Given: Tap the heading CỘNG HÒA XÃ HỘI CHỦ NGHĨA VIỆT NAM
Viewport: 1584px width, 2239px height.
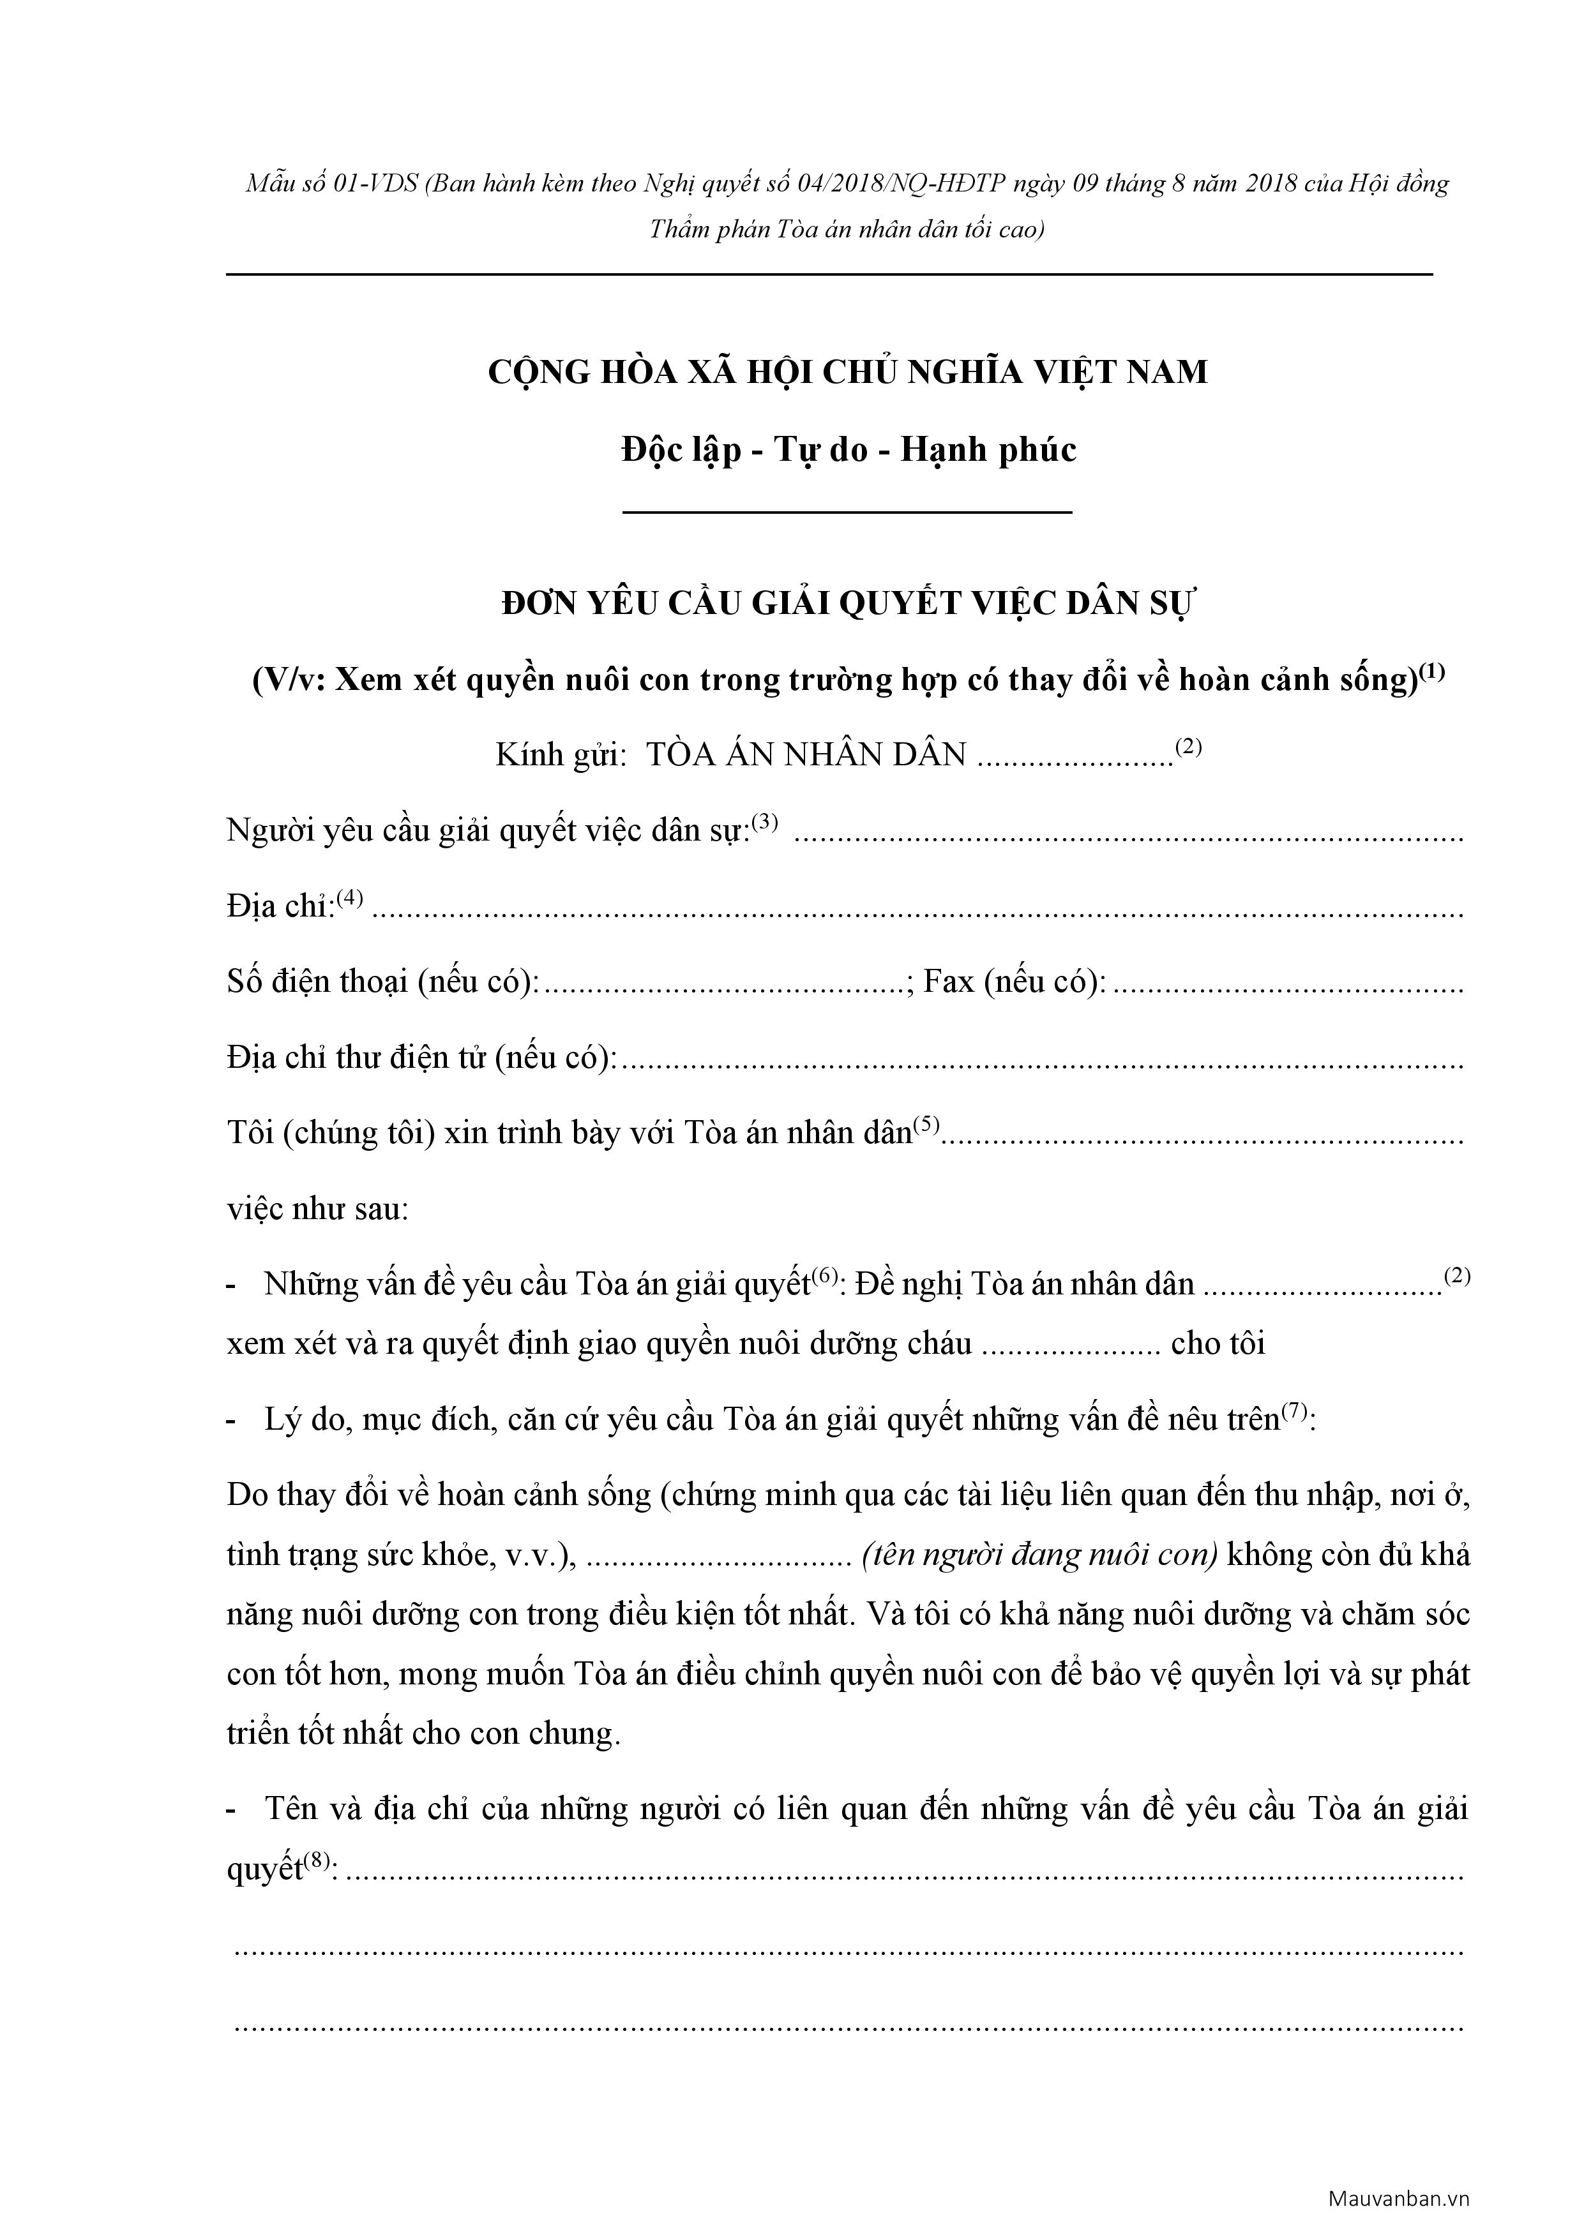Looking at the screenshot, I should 848,371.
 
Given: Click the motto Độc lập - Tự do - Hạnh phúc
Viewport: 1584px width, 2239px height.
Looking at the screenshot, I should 848,449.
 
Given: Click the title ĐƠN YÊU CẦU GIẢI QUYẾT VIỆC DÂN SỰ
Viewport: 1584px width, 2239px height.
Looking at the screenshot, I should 848,604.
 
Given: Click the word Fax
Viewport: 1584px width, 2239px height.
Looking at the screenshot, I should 949,981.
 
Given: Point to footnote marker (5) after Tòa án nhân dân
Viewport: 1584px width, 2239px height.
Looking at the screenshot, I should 926,1125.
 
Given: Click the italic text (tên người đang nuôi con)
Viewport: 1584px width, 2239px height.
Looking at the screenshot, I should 1040,1554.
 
